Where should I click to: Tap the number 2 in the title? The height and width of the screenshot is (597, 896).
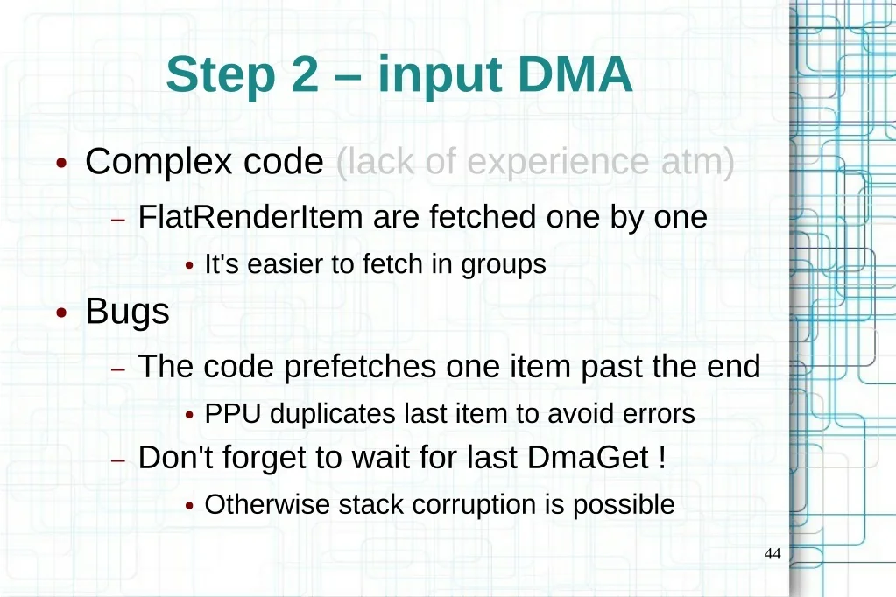(305, 74)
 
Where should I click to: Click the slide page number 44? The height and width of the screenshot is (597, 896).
(773, 553)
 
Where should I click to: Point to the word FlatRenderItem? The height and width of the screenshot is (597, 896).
(250, 217)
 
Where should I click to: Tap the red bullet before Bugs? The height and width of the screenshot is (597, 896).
(61, 313)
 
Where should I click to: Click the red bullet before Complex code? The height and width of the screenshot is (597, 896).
(61, 164)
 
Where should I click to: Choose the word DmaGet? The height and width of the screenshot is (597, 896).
(588, 458)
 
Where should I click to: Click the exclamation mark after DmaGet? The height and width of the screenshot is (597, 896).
(662, 458)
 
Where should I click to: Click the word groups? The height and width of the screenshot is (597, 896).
(504, 265)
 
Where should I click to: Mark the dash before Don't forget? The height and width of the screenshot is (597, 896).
(118, 460)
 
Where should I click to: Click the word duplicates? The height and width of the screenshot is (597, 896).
(333, 414)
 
